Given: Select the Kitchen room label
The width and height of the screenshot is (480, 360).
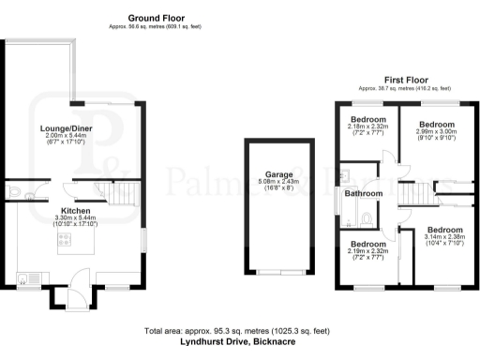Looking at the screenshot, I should pos(76,211).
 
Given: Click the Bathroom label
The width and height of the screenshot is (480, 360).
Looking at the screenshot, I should pos(363,194).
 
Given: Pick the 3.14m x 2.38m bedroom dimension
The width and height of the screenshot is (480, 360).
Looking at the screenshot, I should pos(444,238).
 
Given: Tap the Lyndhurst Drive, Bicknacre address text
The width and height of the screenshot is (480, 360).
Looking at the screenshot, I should pos(240,343).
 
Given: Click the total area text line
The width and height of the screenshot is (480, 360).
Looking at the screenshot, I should pos(240,332).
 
